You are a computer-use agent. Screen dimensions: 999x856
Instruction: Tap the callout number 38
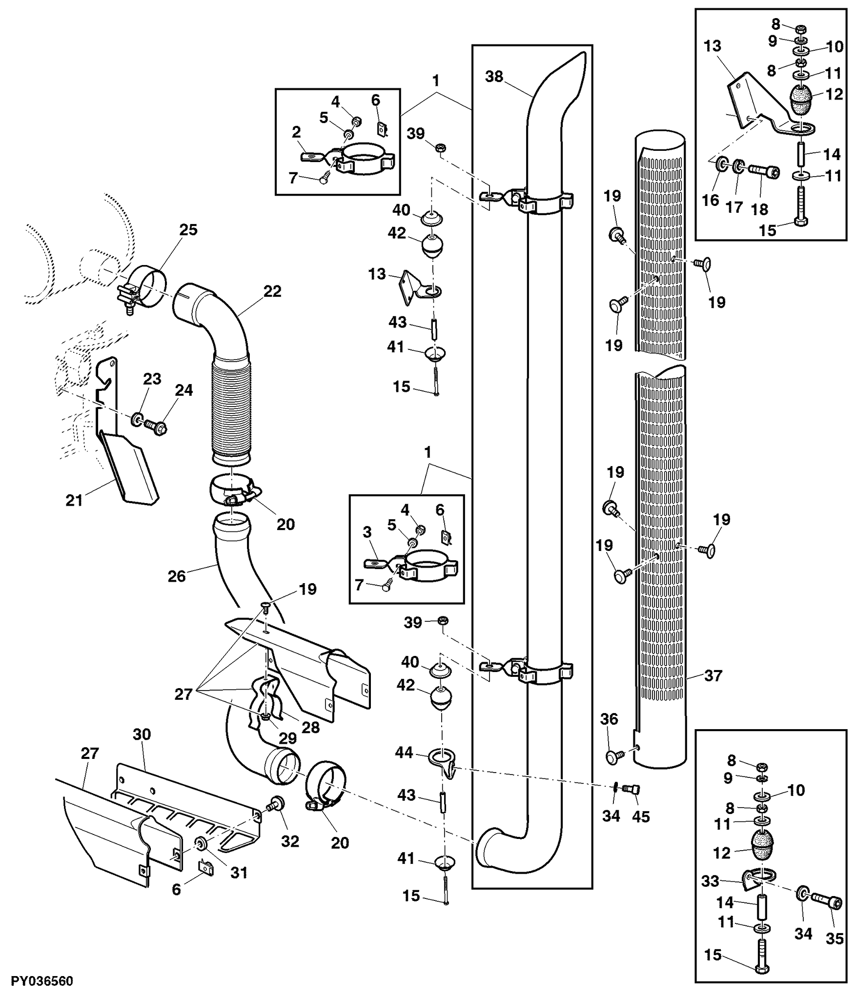click(494, 77)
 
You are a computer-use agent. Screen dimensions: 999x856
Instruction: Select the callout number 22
click(272, 291)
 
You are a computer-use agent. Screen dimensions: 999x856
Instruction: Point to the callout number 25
click(188, 230)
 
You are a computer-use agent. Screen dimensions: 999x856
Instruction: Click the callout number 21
click(74, 500)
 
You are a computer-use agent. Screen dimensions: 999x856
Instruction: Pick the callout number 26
click(177, 576)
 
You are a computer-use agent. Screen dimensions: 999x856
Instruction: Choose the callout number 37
click(713, 675)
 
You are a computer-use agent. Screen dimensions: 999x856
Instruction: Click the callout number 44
click(404, 753)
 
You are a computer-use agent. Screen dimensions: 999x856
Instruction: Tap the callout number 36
click(609, 719)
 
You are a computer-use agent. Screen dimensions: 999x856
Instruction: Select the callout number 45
click(641, 816)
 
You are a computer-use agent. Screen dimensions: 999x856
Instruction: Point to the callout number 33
click(710, 881)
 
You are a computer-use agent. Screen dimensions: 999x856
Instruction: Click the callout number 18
click(759, 209)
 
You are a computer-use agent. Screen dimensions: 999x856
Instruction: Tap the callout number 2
click(296, 132)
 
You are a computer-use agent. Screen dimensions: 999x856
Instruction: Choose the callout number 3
click(367, 532)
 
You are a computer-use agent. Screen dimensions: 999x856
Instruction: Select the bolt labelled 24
click(156, 428)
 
